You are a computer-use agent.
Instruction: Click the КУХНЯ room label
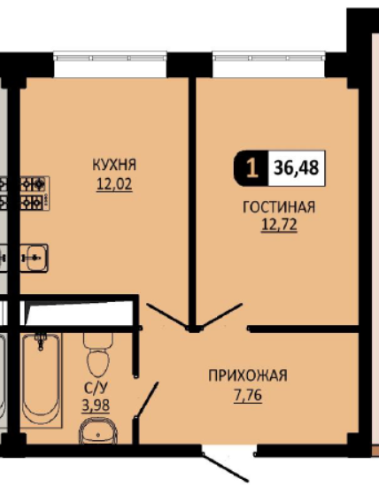click(114, 165)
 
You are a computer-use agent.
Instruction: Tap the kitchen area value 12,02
click(114, 184)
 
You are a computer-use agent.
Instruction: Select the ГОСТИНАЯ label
click(279, 207)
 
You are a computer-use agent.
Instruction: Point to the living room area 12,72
click(279, 226)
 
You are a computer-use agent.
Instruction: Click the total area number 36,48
click(297, 167)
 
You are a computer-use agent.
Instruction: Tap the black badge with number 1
click(251, 168)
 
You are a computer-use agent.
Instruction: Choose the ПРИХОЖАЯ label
click(248, 376)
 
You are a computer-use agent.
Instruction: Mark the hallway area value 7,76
click(248, 395)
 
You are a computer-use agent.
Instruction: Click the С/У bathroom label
click(95, 387)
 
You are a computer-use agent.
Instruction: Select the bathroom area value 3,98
click(96, 405)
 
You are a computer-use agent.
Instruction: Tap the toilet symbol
click(98, 355)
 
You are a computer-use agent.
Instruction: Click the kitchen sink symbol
click(34, 258)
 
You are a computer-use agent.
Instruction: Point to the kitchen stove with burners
click(35, 193)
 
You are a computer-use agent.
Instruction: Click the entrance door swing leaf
click(225, 468)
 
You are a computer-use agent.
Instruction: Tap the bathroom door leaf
click(146, 400)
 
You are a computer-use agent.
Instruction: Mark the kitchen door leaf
click(167, 317)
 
